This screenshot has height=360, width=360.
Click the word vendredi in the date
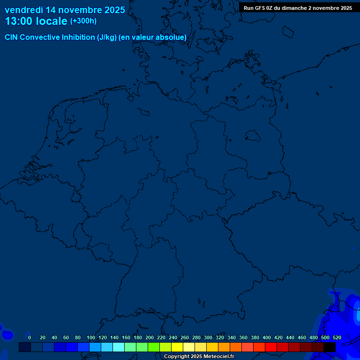pyautogui.click(x=24, y=10)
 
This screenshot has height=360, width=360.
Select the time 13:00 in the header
pyautogui.click(x=19, y=22)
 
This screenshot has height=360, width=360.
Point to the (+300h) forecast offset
pyautogui.click(x=83, y=21)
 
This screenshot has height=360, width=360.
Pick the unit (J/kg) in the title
pyautogui.click(x=107, y=37)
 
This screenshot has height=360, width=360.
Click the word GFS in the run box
pyautogui.click(x=259, y=8)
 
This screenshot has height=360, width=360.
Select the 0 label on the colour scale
pyautogui.click(x=30, y=337)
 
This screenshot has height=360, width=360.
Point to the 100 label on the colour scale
pyautogui.click(x=91, y=337)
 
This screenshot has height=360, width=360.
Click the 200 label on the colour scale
pyautogui.click(x=150, y=337)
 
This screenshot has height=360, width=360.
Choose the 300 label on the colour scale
pyautogui.click(x=208, y=337)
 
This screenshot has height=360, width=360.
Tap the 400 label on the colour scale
pyautogui.click(x=267, y=337)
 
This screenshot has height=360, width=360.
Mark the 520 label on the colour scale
pyautogui.click(x=337, y=337)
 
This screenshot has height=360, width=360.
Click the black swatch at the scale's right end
pyautogui.click(x=329, y=347)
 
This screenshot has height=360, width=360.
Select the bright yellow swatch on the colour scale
pyautogui.click(x=177, y=347)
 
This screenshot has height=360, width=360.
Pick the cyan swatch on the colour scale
pyautogui.click(x=118, y=347)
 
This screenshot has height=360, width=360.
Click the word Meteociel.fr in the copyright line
pyautogui.click(x=219, y=357)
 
